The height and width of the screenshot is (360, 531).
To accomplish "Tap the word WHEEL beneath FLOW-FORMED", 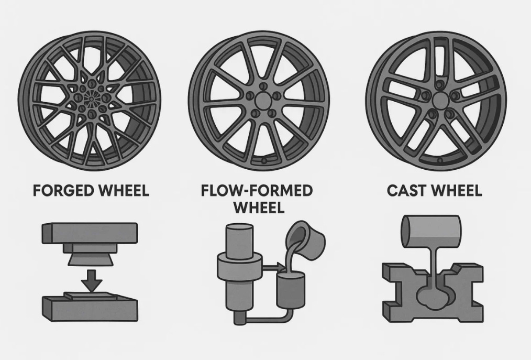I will (258, 207).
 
